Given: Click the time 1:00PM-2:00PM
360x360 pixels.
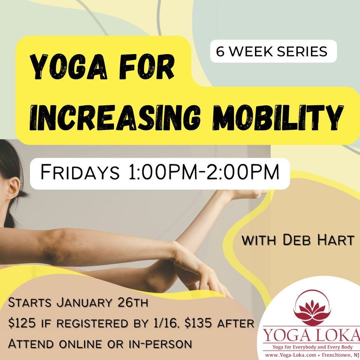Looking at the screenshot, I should pyautogui.click(x=201, y=173).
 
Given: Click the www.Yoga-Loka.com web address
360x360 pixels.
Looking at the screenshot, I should pyautogui.click(x=288, y=353).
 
